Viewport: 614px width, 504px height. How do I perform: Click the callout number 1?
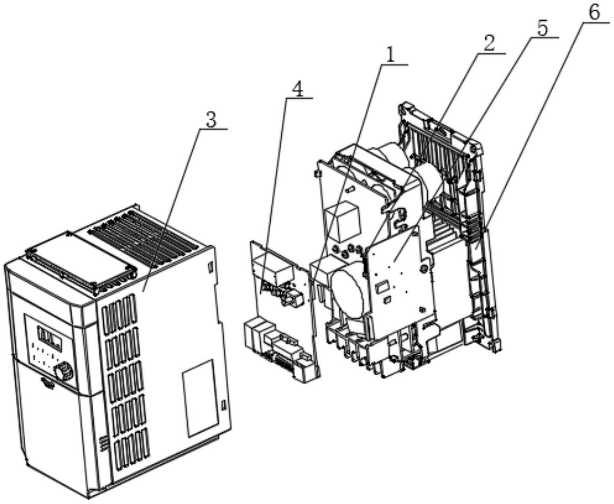(390, 55)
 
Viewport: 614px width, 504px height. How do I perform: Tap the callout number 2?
(489, 44)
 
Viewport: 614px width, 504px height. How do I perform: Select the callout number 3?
(211, 120)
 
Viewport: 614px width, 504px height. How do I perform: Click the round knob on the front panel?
(63, 371)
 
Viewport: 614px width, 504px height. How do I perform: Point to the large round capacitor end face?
(348, 293)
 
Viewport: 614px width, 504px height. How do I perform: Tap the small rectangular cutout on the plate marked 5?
(383, 287)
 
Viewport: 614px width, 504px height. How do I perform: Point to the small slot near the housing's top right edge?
(210, 267)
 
